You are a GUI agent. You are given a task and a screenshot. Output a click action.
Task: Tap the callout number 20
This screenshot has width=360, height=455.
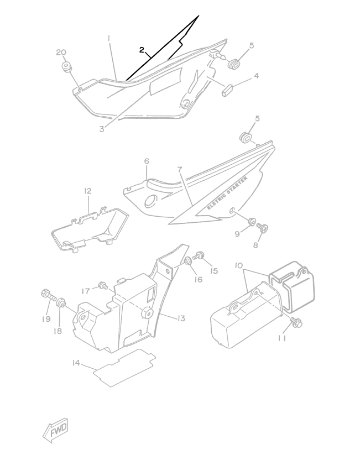[x=61, y=53]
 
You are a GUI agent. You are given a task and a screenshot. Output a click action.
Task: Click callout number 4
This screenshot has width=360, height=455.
[x=255, y=76]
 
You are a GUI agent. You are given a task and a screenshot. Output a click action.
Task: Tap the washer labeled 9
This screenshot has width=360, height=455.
[x=252, y=222]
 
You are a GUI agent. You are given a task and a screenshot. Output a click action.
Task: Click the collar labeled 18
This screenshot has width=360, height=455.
[x=62, y=303]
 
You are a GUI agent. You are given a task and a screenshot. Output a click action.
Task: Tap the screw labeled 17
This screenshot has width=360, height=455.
[x=102, y=285]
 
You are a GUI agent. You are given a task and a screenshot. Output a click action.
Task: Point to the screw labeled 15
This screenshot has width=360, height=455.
[x=200, y=255]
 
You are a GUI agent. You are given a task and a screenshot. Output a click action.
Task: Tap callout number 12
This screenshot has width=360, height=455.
[x=87, y=191]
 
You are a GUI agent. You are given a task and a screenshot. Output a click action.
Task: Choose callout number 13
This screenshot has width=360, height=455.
[x=181, y=318]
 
